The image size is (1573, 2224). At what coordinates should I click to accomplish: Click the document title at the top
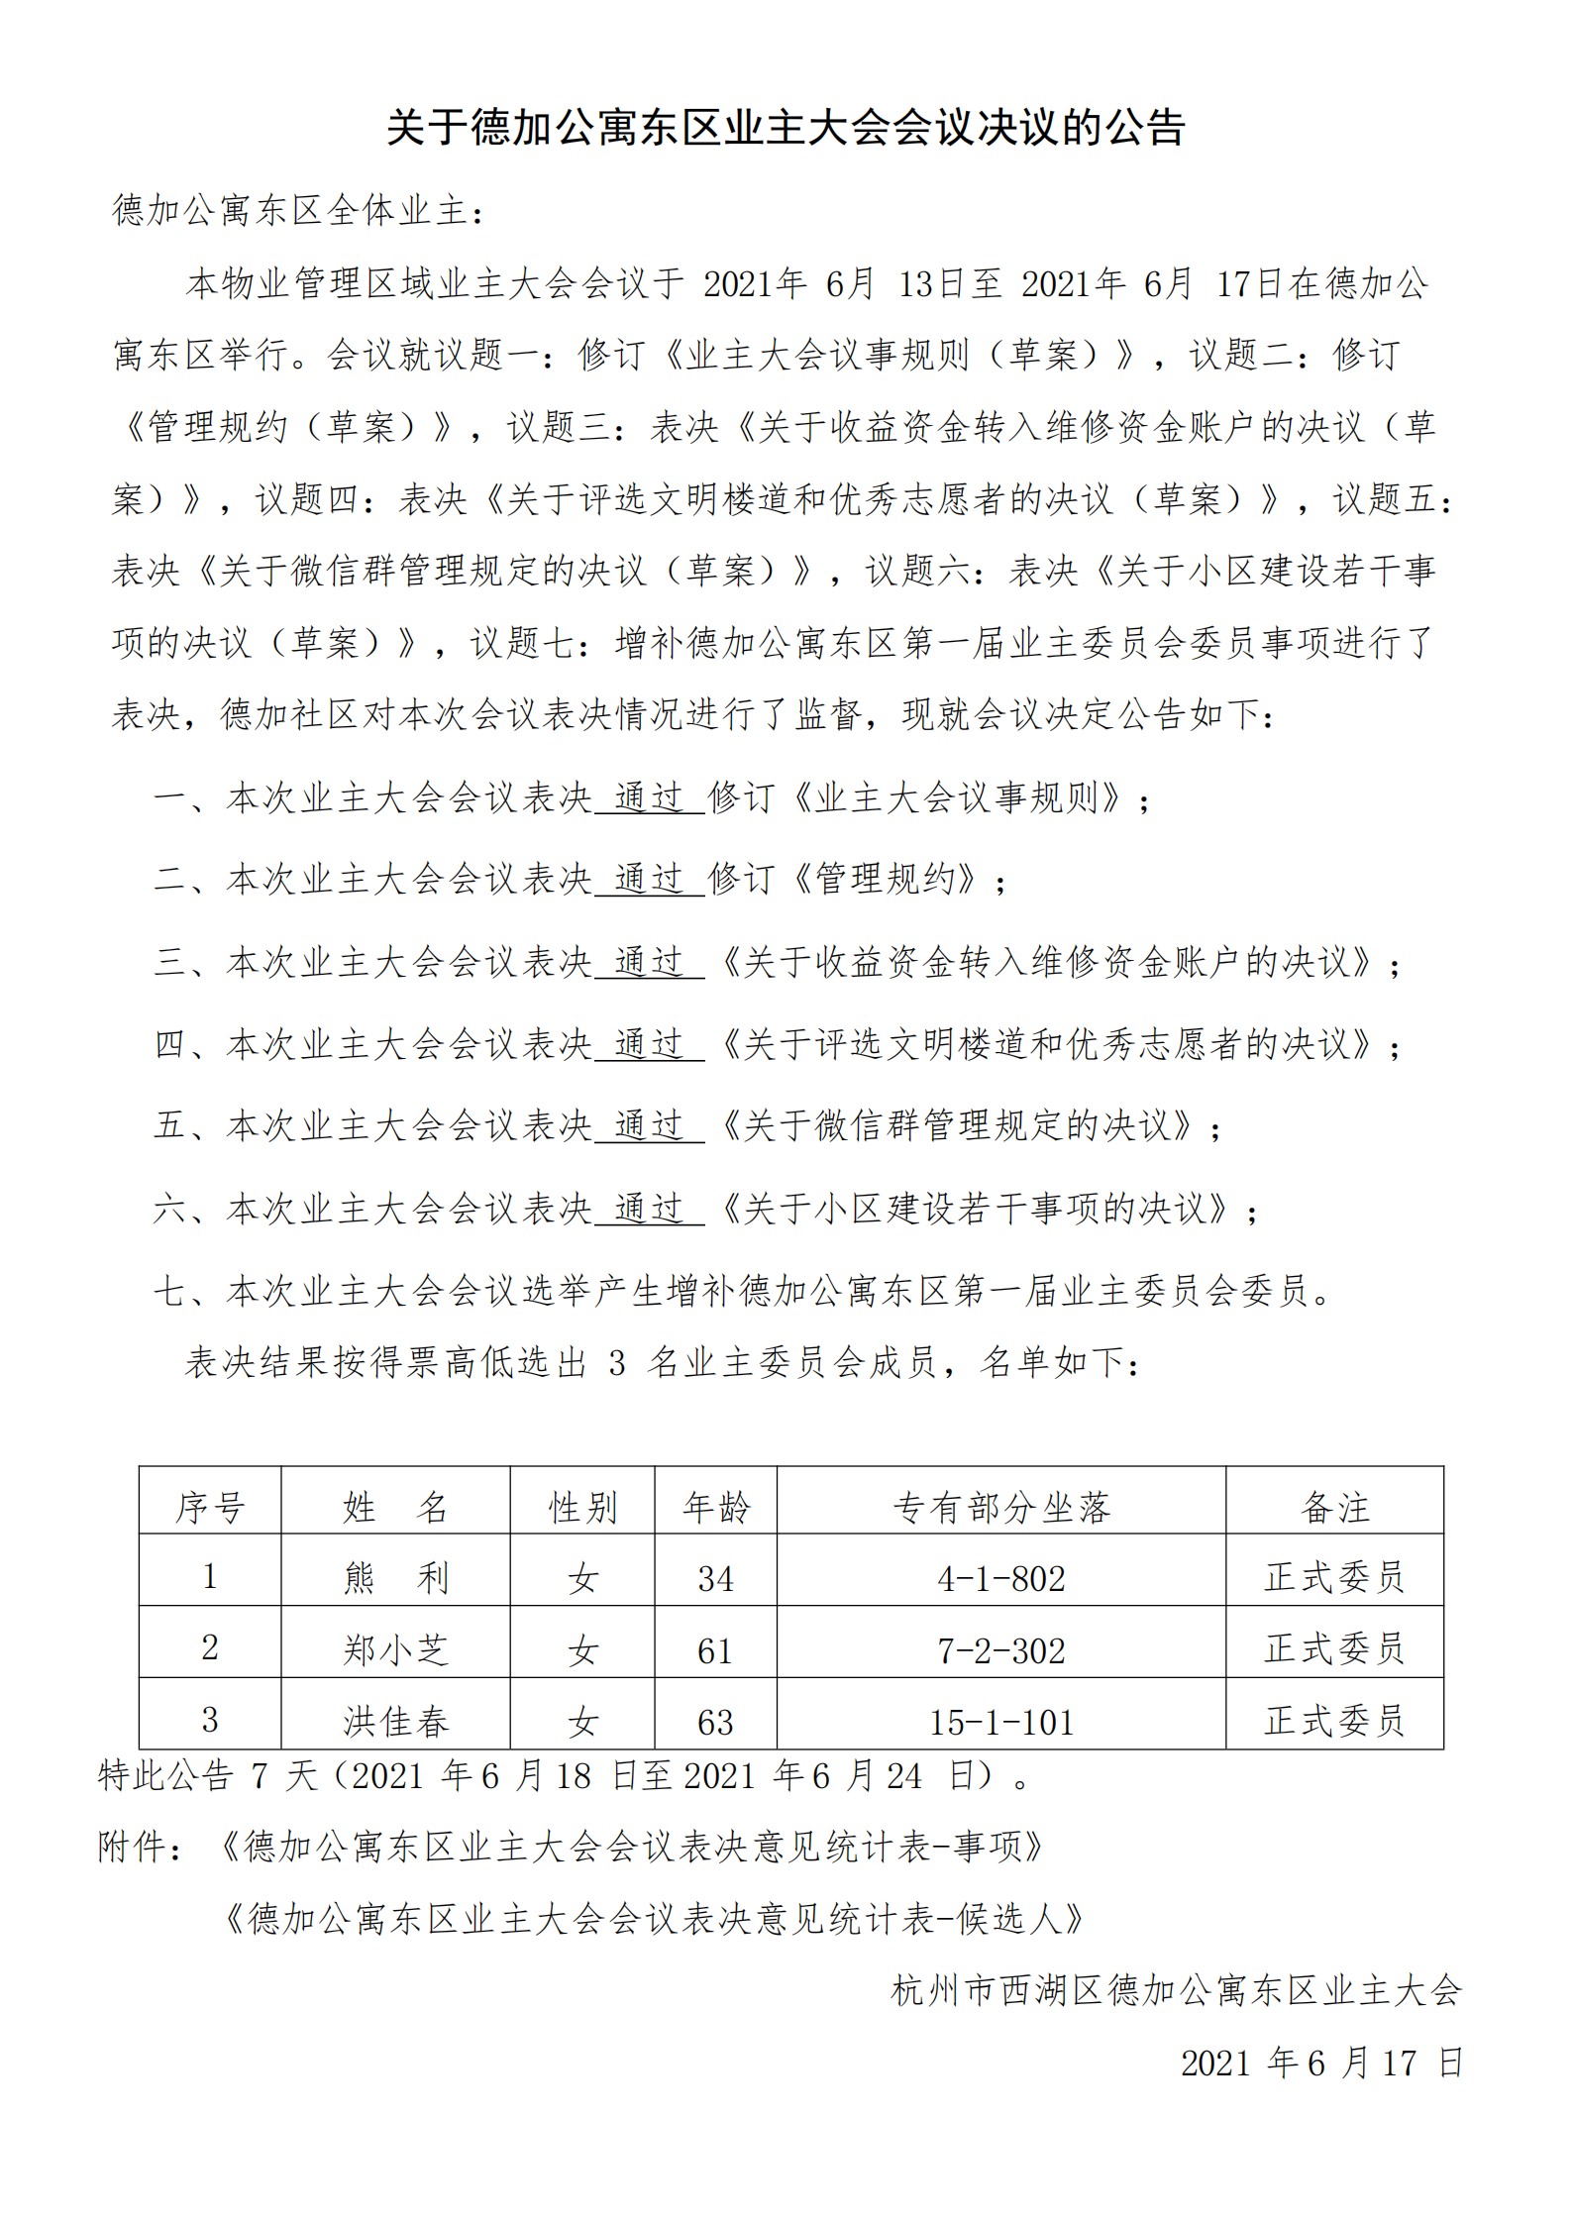786,128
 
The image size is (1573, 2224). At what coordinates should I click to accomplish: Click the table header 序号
210,1508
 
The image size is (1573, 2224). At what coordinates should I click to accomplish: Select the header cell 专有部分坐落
1001,1508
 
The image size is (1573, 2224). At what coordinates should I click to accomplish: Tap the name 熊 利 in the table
396,1577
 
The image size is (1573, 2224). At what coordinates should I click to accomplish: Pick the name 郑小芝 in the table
396,1649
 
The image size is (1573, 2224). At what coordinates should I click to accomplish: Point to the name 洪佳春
396,1722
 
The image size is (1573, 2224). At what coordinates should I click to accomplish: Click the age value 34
715,1578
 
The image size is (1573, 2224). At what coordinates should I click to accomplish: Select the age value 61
715,1650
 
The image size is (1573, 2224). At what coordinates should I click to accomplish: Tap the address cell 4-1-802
1001,1578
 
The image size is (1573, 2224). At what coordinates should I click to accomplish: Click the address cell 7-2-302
1001,1650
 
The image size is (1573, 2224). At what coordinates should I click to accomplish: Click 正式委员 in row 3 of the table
1334,1722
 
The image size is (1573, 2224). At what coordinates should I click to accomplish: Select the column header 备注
1334,1508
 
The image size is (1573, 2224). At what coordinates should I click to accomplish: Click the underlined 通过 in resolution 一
649,797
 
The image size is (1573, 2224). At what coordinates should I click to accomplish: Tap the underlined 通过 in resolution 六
649,1209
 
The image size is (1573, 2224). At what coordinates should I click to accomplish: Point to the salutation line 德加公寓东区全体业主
297,210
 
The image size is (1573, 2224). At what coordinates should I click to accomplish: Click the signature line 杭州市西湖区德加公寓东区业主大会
1176,1990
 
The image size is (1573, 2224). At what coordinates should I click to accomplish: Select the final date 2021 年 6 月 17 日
1321,2064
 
